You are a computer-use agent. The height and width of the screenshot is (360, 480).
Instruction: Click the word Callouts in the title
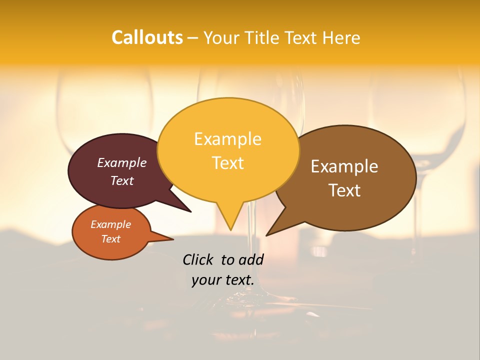click(x=147, y=37)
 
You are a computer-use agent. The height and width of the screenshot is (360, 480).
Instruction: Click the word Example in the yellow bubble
click(x=227, y=138)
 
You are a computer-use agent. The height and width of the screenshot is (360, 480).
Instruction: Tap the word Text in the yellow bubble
click(x=227, y=162)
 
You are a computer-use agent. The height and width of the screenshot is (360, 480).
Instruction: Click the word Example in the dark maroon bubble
click(x=121, y=162)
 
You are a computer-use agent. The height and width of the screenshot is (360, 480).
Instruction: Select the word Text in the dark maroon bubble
click(x=121, y=180)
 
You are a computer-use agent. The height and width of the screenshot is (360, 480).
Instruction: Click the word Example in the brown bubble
click(x=344, y=166)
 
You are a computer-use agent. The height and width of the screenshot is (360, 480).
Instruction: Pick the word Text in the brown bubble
click(x=344, y=190)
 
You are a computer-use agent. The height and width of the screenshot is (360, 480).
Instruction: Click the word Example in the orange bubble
click(x=110, y=224)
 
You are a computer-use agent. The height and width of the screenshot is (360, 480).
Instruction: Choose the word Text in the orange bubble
click(x=110, y=239)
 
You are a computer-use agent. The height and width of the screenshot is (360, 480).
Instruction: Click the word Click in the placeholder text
click(x=198, y=259)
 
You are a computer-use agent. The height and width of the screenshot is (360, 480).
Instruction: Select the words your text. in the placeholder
click(x=222, y=280)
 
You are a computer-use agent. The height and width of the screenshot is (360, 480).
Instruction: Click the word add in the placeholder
click(x=252, y=259)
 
